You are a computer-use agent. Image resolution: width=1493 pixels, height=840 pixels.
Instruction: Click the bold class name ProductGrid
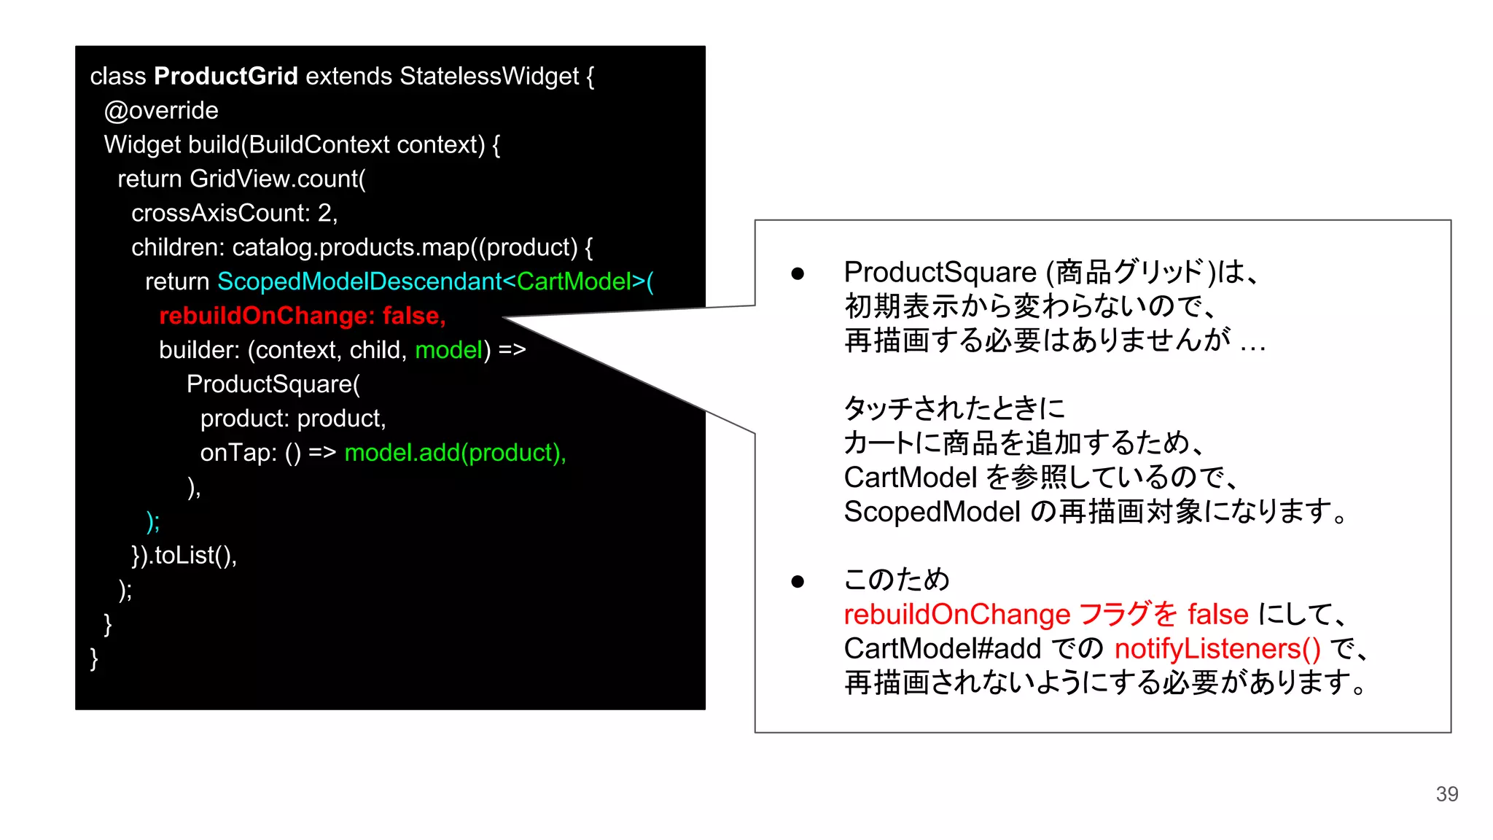click(226, 76)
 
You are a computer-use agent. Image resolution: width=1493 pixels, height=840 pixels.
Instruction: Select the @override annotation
click(161, 111)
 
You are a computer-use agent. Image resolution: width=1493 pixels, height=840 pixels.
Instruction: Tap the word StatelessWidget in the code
click(489, 76)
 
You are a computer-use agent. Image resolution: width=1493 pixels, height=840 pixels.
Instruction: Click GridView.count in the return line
click(277, 179)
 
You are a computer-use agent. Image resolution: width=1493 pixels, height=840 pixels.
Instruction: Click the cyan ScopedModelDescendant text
click(359, 281)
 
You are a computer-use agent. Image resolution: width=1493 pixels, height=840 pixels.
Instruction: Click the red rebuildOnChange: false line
click(302, 316)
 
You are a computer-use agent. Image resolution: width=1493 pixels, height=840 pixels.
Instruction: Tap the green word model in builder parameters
click(448, 350)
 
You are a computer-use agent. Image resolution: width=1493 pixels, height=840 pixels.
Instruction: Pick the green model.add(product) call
click(454, 453)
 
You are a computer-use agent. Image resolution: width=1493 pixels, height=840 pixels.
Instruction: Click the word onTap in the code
click(238, 453)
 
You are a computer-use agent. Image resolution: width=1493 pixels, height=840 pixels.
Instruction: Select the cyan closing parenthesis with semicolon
click(153, 521)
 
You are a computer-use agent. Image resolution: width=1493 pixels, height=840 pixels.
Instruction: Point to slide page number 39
click(1446, 794)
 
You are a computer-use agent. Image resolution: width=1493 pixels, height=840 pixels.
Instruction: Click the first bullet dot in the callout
click(798, 273)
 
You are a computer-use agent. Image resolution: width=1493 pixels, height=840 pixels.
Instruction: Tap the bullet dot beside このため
click(798, 581)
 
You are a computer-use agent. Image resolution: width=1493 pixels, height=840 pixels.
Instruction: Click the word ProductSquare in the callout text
click(940, 273)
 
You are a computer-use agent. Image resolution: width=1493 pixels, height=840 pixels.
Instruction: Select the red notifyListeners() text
click(1217, 649)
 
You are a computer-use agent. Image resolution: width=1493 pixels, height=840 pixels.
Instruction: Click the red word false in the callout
click(1217, 615)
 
